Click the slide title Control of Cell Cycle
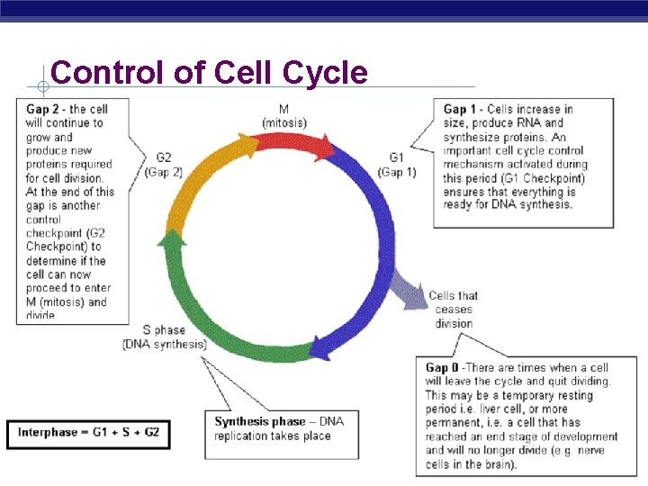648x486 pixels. pos(209,72)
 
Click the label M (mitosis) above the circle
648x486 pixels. pos(283,116)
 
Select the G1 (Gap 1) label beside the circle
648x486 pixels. pos(397,165)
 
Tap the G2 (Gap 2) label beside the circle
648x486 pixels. pos(163,165)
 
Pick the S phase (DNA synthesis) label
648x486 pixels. pos(164,337)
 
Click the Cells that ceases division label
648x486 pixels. pos(454,310)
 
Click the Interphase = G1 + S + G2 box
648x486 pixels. pos(88,432)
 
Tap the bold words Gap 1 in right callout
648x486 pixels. pos(461,109)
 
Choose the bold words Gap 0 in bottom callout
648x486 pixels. pos(443,368)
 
